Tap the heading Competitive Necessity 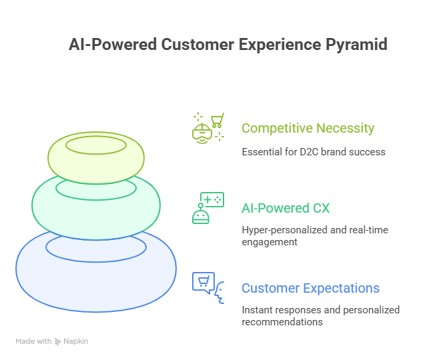(308, 128)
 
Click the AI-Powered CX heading (285, 208)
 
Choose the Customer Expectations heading (310, 288)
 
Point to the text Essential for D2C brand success (313, 151)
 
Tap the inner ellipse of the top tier (96, 145)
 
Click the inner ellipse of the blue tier (96, 247)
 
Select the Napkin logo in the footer (71, 341)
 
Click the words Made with (33, 341)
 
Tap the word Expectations (341, 288)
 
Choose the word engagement (269, 242)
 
